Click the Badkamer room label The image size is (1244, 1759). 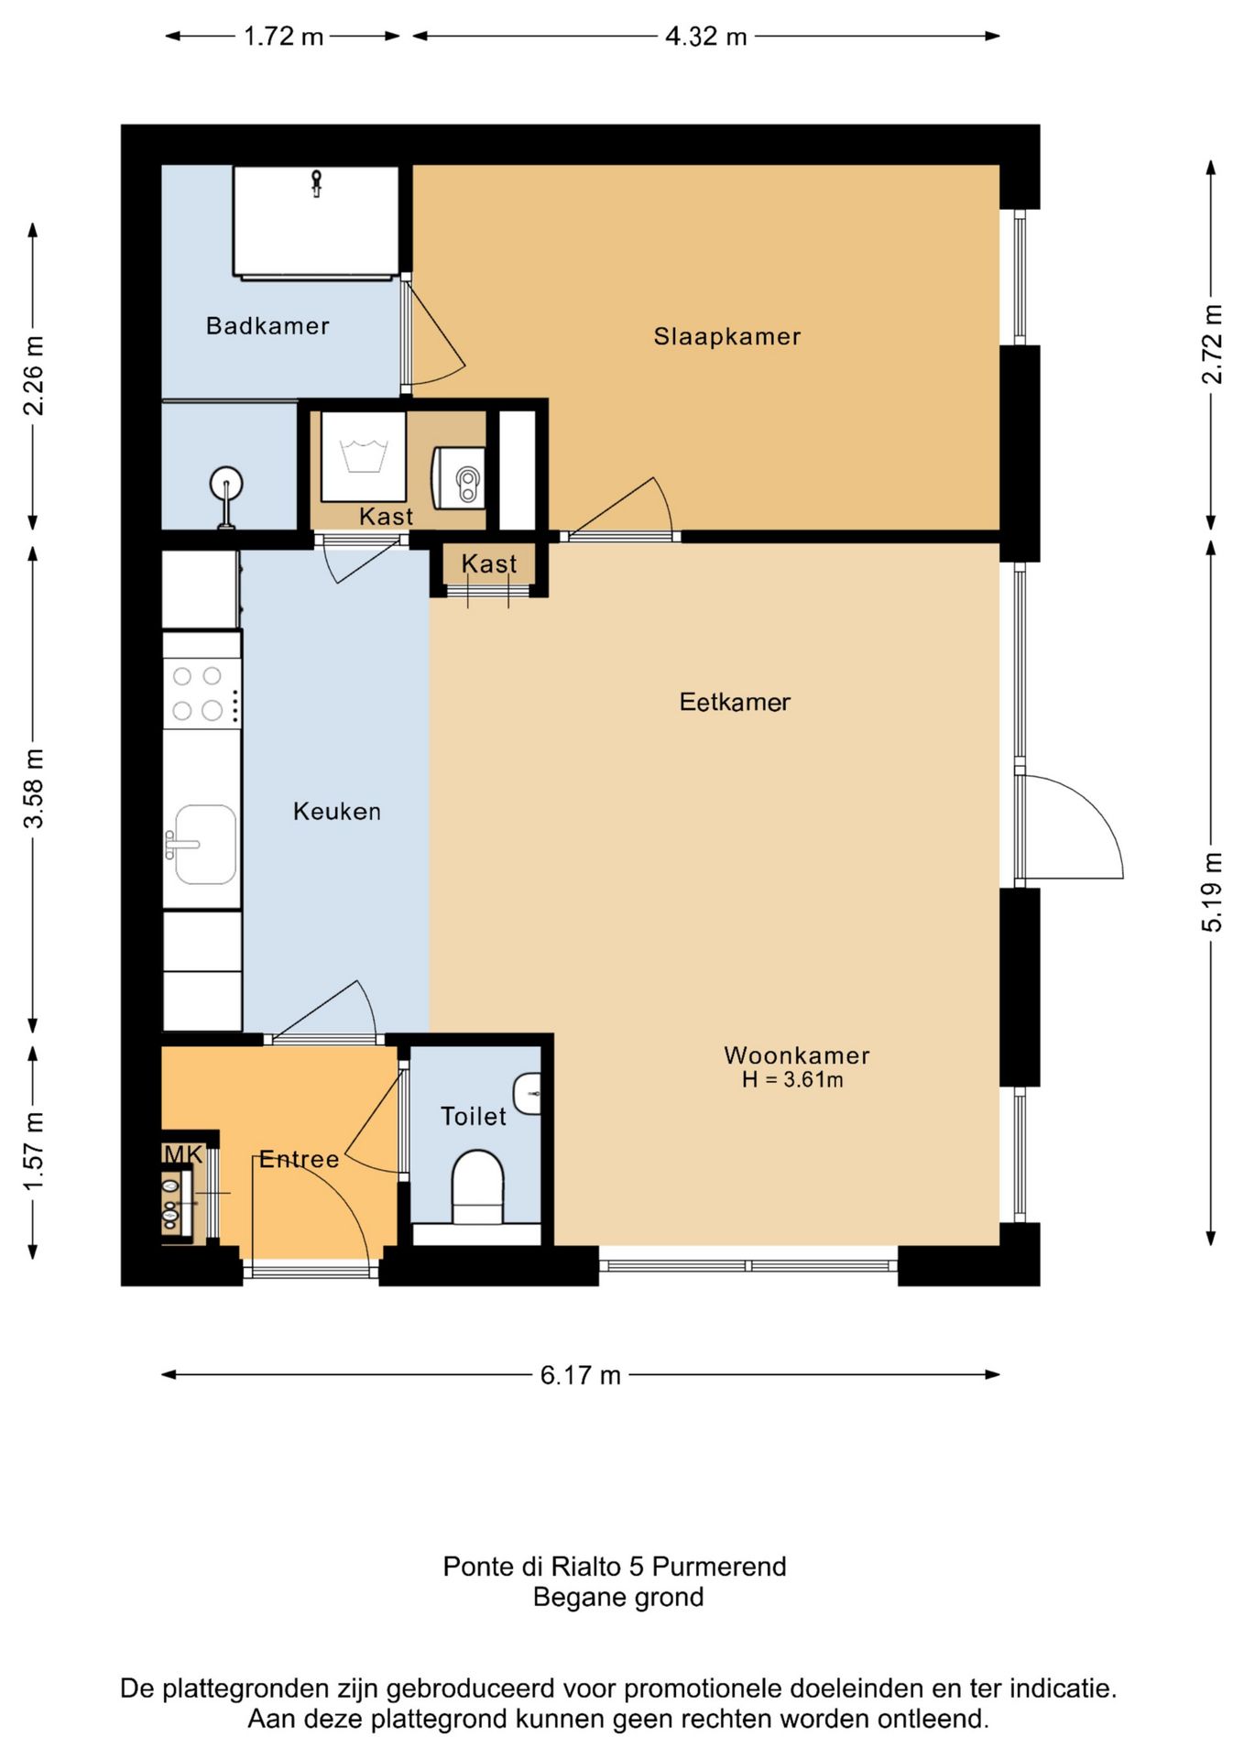pos(267,325)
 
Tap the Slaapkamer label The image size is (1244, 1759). pos(727,336)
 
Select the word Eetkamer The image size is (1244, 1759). pos(735,702)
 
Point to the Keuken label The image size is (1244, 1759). pos(337,811)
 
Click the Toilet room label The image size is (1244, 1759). pos(474,1116)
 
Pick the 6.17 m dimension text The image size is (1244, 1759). pos(581,1375)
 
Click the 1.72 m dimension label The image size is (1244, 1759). pos(284,37)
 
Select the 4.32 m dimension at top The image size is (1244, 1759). pos(706,37)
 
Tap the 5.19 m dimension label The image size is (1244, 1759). pos(1211,892)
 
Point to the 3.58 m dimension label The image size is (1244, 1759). pos(33,788)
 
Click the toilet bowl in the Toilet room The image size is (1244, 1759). pos(478,1187)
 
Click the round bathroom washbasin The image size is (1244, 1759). pos(226,483)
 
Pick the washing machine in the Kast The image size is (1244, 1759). pos(363,456)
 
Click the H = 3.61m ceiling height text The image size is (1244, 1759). pos(792,1079)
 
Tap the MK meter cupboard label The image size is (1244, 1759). pos(183,1154)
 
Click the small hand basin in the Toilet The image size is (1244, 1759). pos(528,1093)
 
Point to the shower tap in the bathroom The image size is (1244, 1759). pos(316,183)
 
